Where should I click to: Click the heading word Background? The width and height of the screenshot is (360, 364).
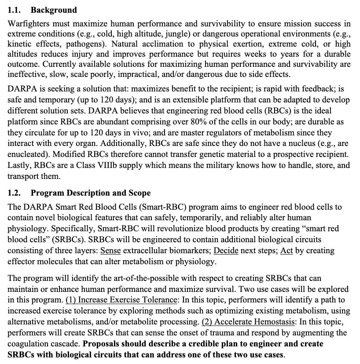coord(54,10)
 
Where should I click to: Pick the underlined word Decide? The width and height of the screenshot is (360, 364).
coord(226,251)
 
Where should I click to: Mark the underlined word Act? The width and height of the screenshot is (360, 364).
coord(287,251)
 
